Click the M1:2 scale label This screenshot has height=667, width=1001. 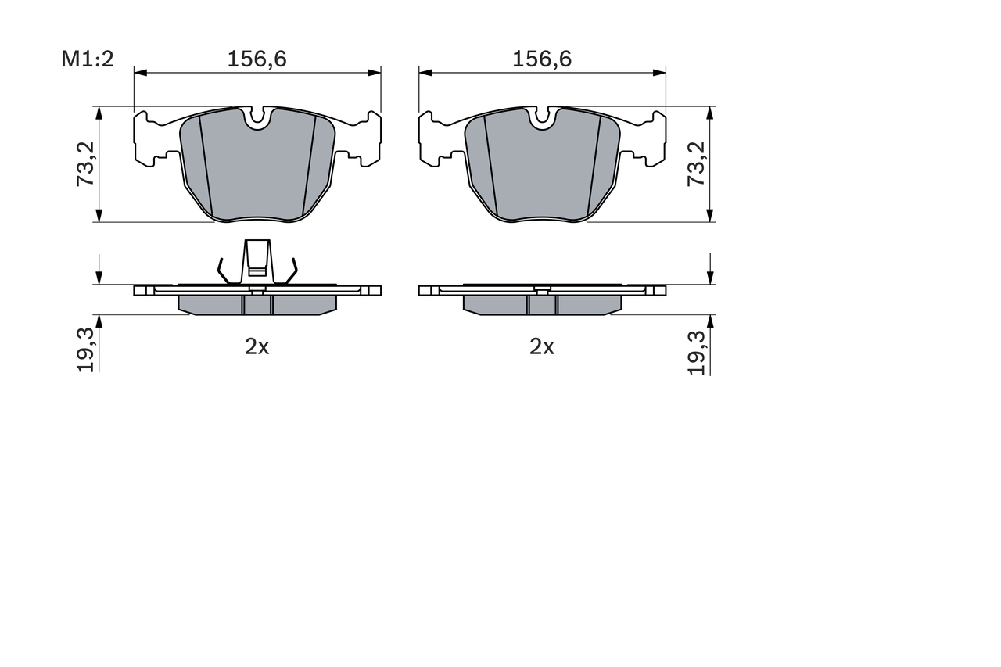click(88, 59)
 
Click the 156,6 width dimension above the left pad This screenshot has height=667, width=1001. click(257, 59)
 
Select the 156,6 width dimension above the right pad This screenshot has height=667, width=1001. click(542, 59)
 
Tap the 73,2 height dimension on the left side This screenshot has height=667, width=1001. click(85, 164)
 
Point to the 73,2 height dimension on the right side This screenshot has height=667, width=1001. click(696, 164)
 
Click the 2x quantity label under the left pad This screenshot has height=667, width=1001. click(257, 346)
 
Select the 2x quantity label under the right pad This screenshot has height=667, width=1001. click(541, 346)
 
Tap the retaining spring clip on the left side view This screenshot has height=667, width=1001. click(257, 262)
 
